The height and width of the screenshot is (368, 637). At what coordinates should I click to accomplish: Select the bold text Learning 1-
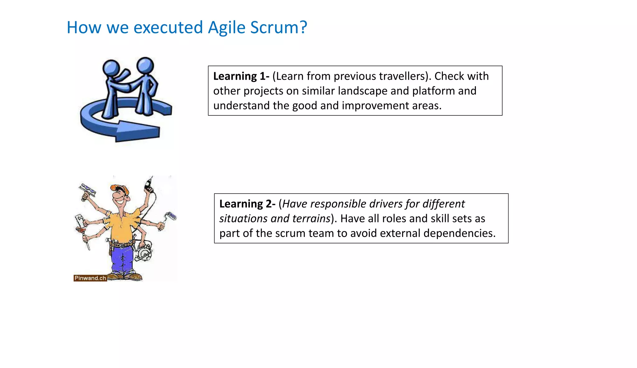[241, 76]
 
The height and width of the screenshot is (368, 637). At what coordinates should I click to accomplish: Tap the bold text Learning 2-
[247, 204]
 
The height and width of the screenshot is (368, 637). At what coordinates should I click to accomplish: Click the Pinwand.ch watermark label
[90, 278]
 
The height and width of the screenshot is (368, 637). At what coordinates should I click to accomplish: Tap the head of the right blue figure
[145, 65]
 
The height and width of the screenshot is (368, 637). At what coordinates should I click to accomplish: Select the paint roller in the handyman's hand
[171, 216]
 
